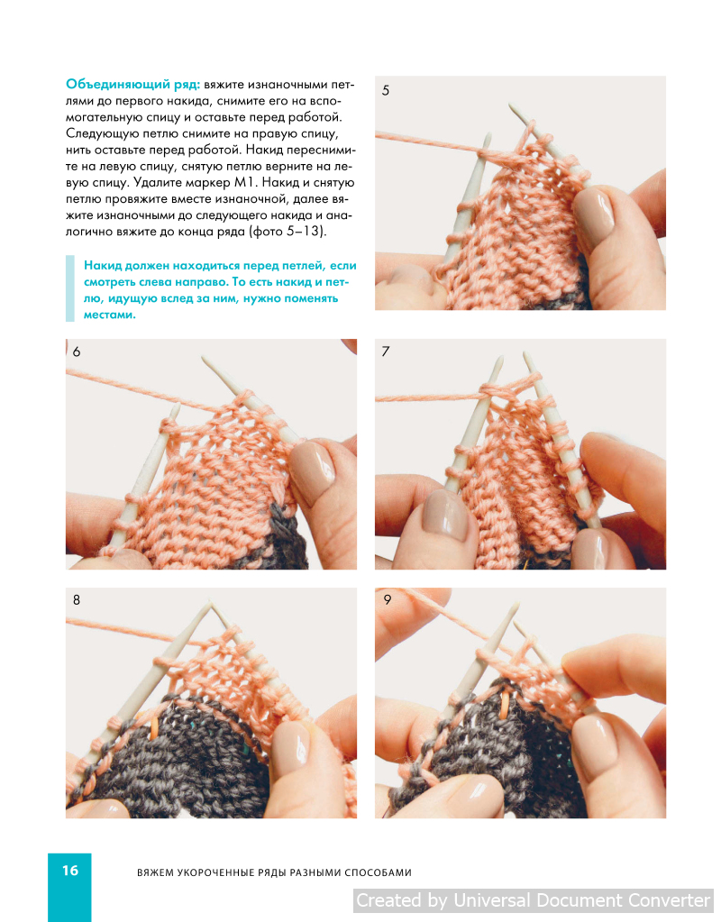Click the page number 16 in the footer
click(x=70, y=871)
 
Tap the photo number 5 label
click(x=385, y=90)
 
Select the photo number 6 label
click(x=77, y=351)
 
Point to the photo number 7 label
click(x=385, y=351)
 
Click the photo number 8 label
click(x=77, y=599)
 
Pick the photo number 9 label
click(x=387, y=599)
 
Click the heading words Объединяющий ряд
click(x=132, y=84)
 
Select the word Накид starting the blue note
click(x=103, y=266)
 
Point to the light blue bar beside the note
click(x=70, y=288)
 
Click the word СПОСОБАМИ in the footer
click(x=378, y=872)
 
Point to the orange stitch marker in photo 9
click(x=504, y=705)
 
